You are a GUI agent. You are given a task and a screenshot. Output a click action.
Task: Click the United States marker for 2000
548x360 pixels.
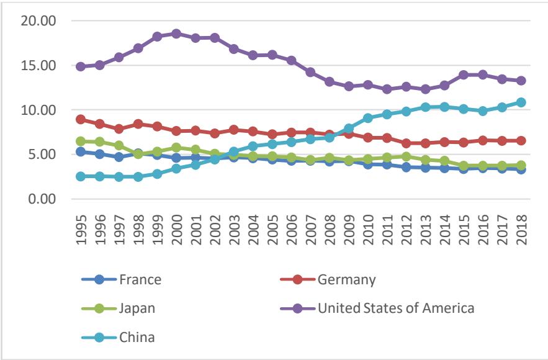point(176,34)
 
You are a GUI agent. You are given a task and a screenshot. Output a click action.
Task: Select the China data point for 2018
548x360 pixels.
point(521,102)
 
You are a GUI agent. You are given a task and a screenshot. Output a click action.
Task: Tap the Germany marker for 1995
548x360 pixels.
point(80,119)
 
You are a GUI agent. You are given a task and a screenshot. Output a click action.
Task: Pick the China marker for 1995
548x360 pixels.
point(80,176)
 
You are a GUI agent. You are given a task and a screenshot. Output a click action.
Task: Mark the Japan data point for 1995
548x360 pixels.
point(80,142)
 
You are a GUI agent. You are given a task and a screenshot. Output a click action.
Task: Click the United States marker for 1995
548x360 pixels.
point(80,66)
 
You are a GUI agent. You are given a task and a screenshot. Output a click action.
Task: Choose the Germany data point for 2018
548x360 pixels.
point(521,141)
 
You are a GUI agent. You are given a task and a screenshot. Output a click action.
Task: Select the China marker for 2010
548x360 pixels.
point(368,118)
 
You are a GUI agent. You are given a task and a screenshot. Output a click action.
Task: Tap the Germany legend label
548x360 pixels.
point(347,279)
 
